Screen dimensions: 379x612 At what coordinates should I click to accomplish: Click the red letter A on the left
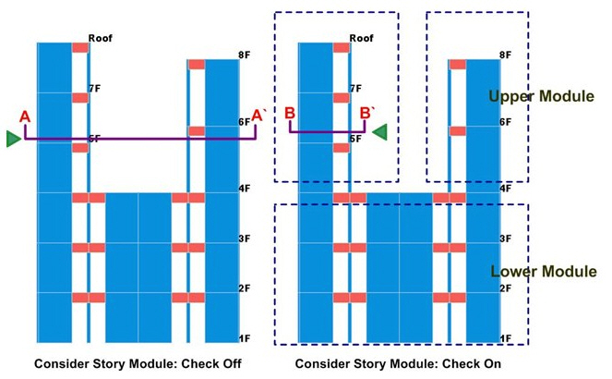pos(25,116)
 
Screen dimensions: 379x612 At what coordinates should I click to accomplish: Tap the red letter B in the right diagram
pos(290,113)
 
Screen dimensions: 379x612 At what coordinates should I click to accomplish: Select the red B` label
pos(367,113)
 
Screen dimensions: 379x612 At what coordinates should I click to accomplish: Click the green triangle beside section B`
pos(379,132)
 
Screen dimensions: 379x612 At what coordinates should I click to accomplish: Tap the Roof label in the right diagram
pos(362,39)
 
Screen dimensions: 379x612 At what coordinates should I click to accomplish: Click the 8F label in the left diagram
pos(245,55)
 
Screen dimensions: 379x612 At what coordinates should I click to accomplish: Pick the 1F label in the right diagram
pos(506,339)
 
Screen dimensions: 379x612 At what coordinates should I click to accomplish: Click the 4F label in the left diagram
pos(245,189)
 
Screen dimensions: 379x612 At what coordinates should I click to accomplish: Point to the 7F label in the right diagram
pos(355,89)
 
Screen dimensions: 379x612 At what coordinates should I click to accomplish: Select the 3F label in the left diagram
pos(245,238)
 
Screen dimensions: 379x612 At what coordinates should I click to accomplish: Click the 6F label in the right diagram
pos(506,122)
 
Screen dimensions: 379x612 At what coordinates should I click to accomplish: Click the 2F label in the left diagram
pos(245,288)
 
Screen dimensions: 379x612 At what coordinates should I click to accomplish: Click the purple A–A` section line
pos(138,140)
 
